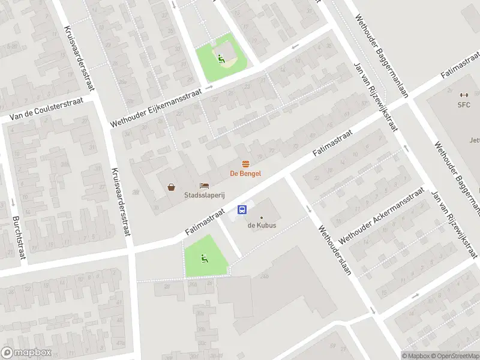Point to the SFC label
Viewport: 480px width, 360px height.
pos(463,105)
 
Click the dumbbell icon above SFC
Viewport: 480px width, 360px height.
pos(463,95)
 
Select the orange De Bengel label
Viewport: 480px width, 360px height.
pos(245,174)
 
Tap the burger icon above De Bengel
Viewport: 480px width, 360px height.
pos(245,164)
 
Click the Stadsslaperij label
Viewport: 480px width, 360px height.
pos(205,196)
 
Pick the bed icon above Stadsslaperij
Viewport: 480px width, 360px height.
pos(205,186)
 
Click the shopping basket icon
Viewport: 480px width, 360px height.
pos(172,187)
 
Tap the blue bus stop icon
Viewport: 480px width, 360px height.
pos(242,209)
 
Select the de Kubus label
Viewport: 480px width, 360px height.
pos(261,226)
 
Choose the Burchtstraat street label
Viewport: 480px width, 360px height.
pos(19,238)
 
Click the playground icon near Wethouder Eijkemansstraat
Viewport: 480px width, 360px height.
pos(221,59)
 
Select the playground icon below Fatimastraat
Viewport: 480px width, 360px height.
pos(204,259)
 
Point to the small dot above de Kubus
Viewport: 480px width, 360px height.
pos(261,217)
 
